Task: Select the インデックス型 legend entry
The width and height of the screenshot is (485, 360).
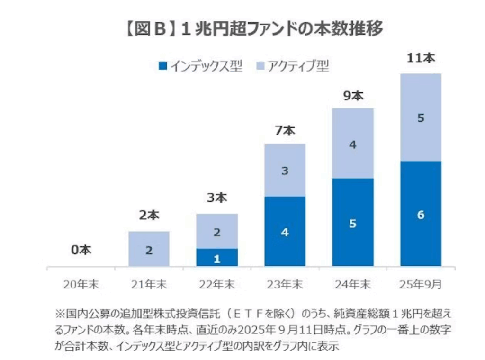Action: coord(201,66)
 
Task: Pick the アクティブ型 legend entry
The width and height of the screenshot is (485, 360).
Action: coord(294,66)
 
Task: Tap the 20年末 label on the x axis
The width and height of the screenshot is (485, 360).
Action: coord(80,285)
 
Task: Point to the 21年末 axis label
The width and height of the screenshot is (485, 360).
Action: coord(148,285)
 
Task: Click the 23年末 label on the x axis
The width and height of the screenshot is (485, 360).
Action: coord(285,285)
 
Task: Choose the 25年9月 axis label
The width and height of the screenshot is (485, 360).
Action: coord(421,285)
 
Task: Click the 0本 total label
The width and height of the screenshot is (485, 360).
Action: coord(81,250)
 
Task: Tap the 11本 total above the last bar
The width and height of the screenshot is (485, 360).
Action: coord(421,59)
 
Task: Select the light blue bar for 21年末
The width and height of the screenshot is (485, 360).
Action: coord(149,249)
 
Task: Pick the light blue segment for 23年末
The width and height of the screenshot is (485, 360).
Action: coord(285,170)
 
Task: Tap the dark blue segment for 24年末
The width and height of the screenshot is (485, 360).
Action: coord(353,222)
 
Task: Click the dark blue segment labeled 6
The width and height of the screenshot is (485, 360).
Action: coord(421,214)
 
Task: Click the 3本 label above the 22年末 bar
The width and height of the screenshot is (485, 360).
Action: coord(217,199)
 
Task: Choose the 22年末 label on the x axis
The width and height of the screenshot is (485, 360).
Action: coord(216,285)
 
